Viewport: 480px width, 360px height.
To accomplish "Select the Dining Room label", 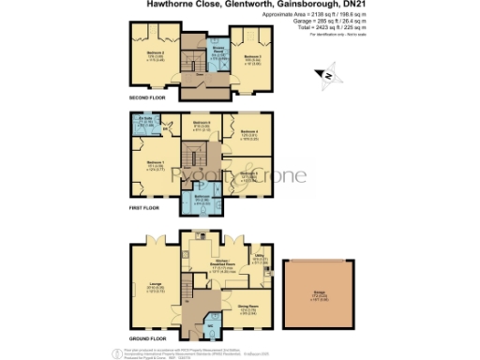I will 247,306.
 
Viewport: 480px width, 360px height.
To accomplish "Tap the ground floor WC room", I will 210,326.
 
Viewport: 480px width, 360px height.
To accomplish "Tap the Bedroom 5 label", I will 248,173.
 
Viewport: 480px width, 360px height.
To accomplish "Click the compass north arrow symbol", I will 324,74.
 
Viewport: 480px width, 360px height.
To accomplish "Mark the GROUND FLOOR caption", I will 148,338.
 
